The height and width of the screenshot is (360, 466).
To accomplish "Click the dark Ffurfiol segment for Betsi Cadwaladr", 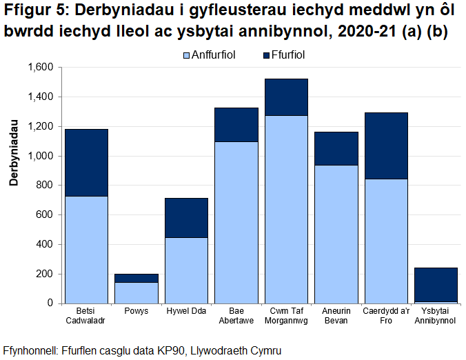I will click(x=86, y=163).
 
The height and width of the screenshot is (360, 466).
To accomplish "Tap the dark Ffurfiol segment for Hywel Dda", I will click(x=186, y=218).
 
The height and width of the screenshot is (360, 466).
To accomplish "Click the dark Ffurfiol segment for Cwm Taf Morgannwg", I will click(x=286, y=97).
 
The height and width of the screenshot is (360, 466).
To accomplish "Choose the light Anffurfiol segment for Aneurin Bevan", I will click(x=336, y=234).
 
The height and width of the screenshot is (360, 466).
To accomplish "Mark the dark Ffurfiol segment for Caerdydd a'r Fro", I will click(x=386, y=146).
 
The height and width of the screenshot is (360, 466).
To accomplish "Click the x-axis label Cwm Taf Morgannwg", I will click(x=286, y=315).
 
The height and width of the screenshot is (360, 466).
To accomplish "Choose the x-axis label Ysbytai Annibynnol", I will click(x=436, y=315).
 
